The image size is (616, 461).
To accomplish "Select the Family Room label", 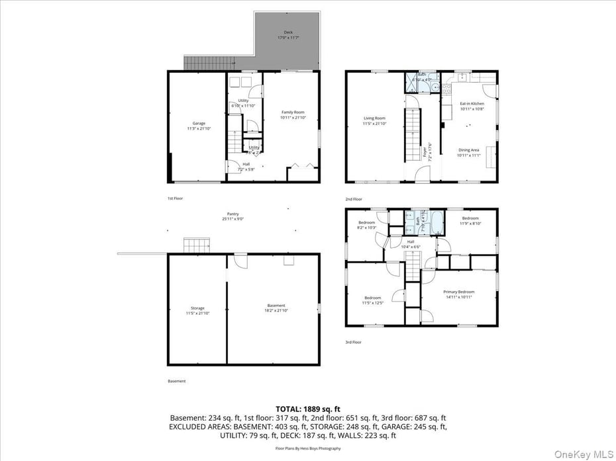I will point(292,114).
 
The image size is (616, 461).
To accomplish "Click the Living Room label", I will point(374,121).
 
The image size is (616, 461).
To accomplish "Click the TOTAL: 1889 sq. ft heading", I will point(307,408).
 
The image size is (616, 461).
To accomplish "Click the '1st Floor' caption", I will point(176,198).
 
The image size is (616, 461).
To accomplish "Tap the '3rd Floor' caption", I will point(353,342).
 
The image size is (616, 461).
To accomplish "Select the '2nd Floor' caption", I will point(353,198).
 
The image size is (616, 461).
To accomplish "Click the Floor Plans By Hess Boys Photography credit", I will point(307,448).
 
